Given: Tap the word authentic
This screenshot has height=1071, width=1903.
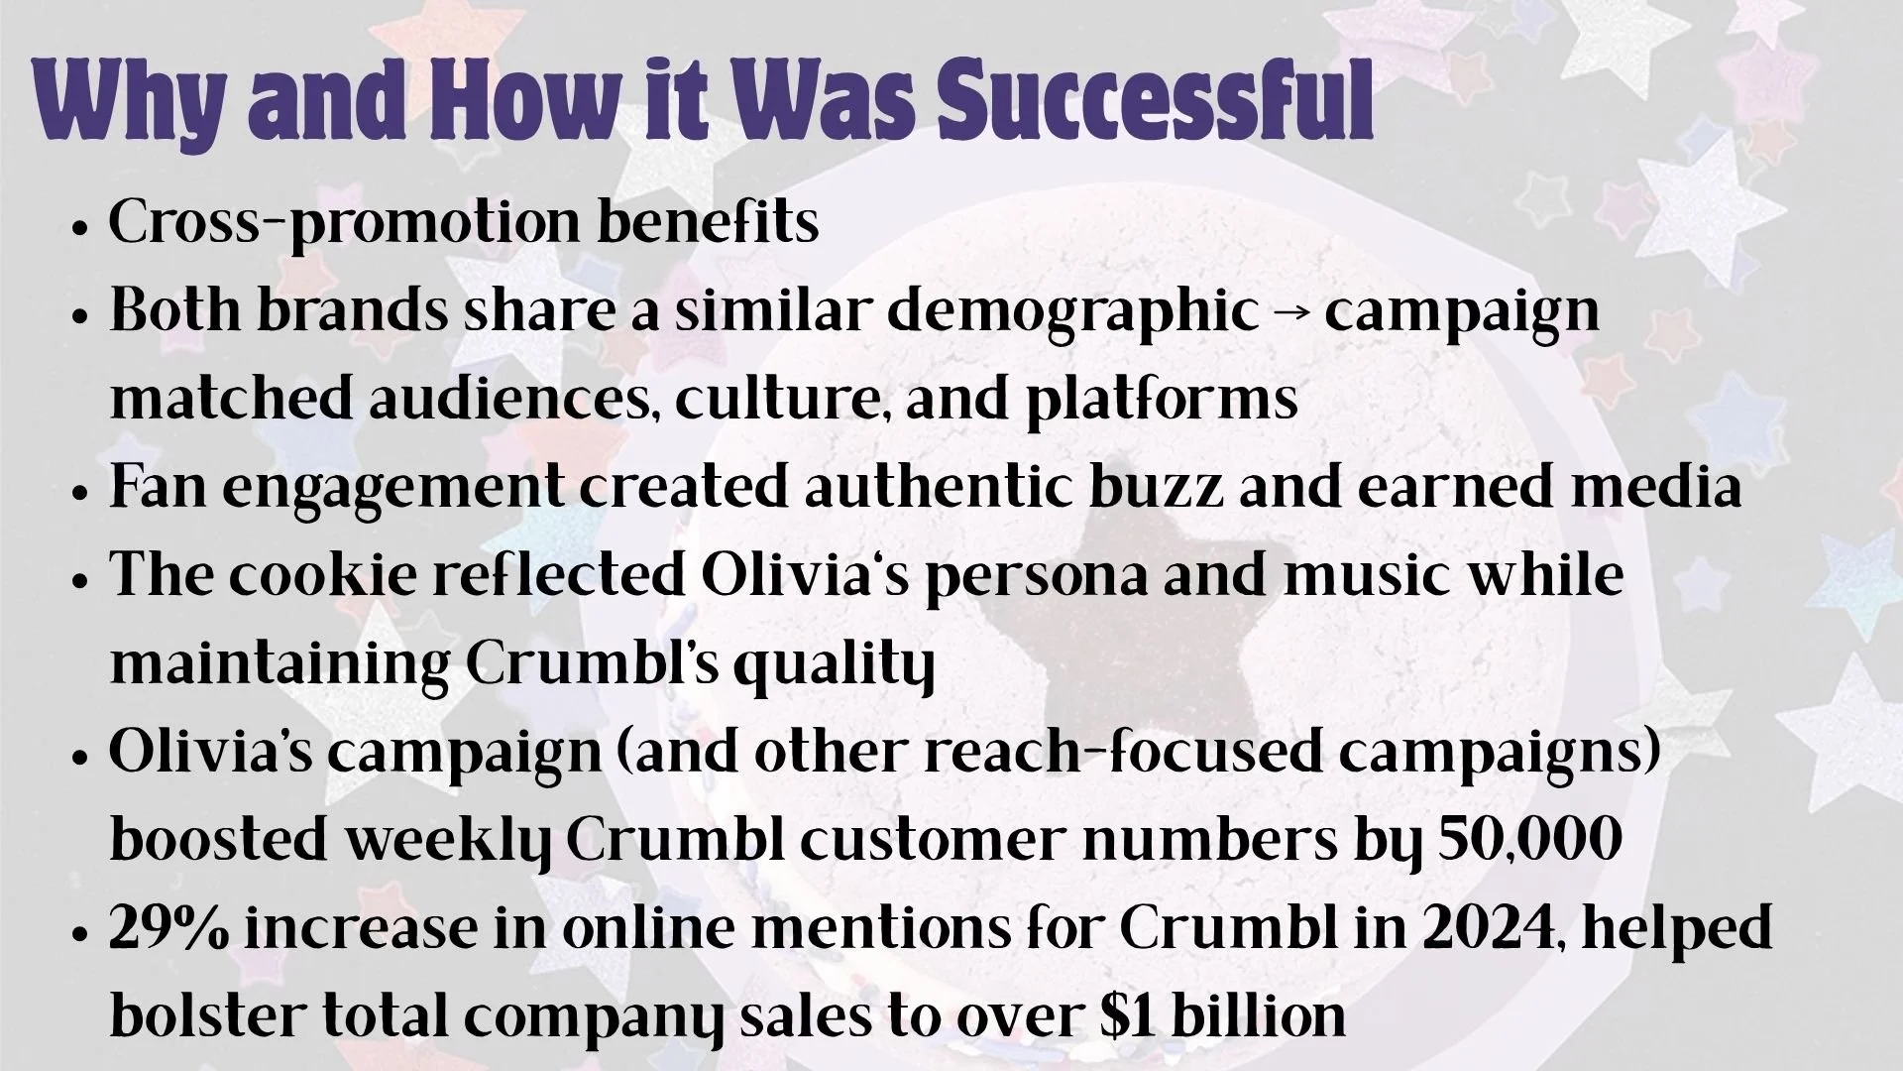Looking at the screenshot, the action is [940, 487].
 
